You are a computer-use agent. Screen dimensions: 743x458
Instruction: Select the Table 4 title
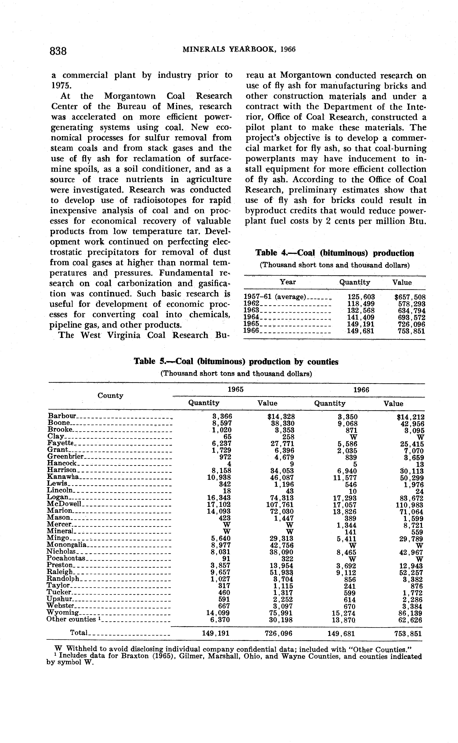point(335,253)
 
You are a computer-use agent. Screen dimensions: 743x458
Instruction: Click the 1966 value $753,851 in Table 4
point(411,331)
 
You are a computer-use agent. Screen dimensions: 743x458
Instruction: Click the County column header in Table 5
point(110,396)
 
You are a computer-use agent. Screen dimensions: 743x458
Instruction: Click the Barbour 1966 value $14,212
point(410,417)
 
